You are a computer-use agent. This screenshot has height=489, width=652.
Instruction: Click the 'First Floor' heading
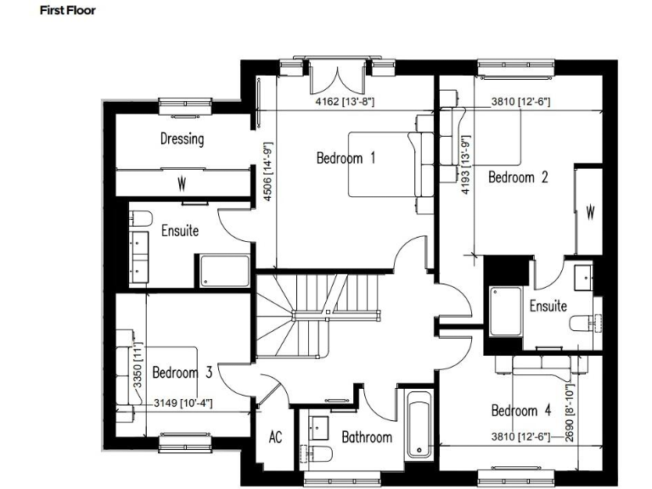tap(68, 11)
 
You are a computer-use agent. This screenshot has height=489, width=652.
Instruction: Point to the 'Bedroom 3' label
tap(182, 372)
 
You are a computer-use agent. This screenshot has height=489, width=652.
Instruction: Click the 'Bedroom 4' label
tap(521, 411)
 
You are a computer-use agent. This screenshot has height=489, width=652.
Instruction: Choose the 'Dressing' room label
tap(182, 139)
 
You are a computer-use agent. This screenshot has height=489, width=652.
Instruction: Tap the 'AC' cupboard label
tap(275, 437)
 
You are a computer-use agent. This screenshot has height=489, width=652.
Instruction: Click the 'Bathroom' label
tap(367, 437)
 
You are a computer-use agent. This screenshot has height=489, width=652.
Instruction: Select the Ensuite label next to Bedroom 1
tap(180, 230)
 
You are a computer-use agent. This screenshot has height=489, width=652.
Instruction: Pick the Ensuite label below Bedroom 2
tap(548, 306)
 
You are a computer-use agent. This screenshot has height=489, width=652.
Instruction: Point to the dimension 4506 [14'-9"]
tap(267, 170)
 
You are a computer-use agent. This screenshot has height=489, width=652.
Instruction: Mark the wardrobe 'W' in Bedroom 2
tap(590, 212)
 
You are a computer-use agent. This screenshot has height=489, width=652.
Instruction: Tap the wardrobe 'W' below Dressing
tap(182, 184)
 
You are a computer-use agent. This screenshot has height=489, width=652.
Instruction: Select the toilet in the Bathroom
tap(318, 452)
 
